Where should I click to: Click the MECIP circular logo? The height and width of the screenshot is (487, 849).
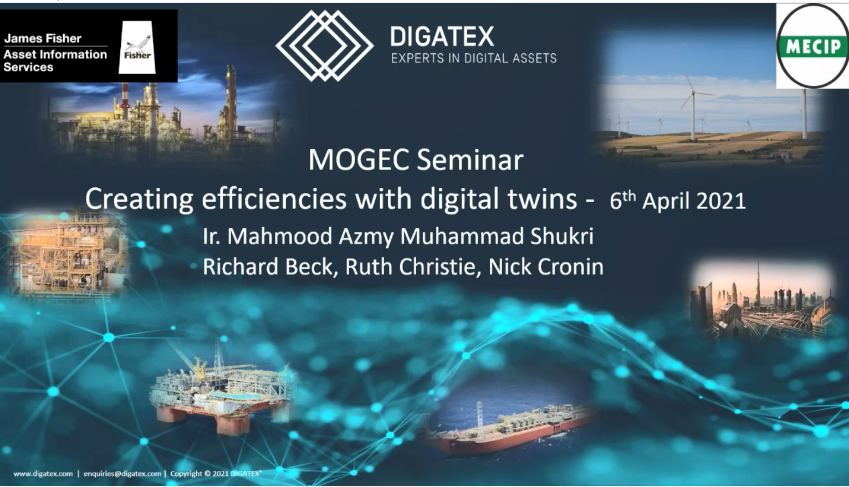[x=812, y=46]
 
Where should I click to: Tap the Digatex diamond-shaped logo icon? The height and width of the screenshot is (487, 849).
[x=324, y=45]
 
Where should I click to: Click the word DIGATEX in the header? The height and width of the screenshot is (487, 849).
[x=442, y=37]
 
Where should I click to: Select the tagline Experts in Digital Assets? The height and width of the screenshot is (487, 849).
[x=474, y=58]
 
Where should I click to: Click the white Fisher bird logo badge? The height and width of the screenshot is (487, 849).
[x=137, y=47]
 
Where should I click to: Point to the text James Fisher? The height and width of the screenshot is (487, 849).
[x=43, y=38]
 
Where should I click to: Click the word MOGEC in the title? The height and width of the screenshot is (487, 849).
[x=358, y=160]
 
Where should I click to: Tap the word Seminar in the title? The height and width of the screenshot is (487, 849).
[x=470, y=160]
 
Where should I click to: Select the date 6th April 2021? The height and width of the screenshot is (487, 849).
[x=678, y=200]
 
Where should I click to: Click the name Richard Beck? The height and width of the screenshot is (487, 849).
[x=268, y=266]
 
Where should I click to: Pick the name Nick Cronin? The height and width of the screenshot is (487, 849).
[x=546, y=266]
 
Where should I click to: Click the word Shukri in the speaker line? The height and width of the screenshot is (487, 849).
[x=562, y=235]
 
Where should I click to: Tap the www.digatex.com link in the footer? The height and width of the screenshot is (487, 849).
[x=43, y=474]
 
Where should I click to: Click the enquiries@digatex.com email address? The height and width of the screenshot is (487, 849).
[x=122, y=474]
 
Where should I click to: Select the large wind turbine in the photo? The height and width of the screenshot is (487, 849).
[x=693, y=106]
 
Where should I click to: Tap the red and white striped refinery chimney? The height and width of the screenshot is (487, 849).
[x=125, y=96]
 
